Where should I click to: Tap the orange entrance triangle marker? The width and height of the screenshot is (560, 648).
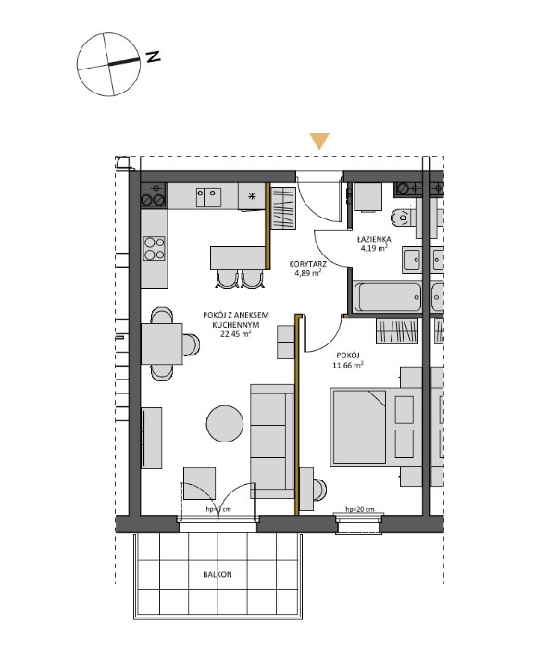click(319, 142)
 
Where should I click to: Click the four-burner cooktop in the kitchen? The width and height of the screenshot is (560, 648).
click(154, 248)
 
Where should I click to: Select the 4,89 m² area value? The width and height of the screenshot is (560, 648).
click(307, 274)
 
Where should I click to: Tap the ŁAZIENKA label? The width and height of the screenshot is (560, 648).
click(376, 238)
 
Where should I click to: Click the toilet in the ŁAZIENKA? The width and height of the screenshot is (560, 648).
click(399, 219)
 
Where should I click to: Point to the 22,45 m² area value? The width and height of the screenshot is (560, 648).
click(236, 337)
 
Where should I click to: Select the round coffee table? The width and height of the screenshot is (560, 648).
click(225, 425)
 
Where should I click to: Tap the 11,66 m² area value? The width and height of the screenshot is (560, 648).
click(348, 366)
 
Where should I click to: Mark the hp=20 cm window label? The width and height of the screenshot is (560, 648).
click(360, 510)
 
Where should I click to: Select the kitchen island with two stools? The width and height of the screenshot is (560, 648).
click(237, 256)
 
